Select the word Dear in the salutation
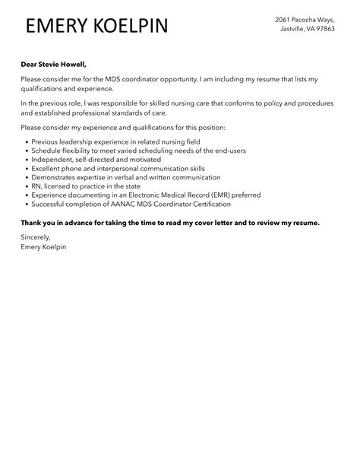(x=30, y=65)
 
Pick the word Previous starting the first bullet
(x=48, y=141)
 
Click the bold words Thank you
(x=38, y=222)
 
